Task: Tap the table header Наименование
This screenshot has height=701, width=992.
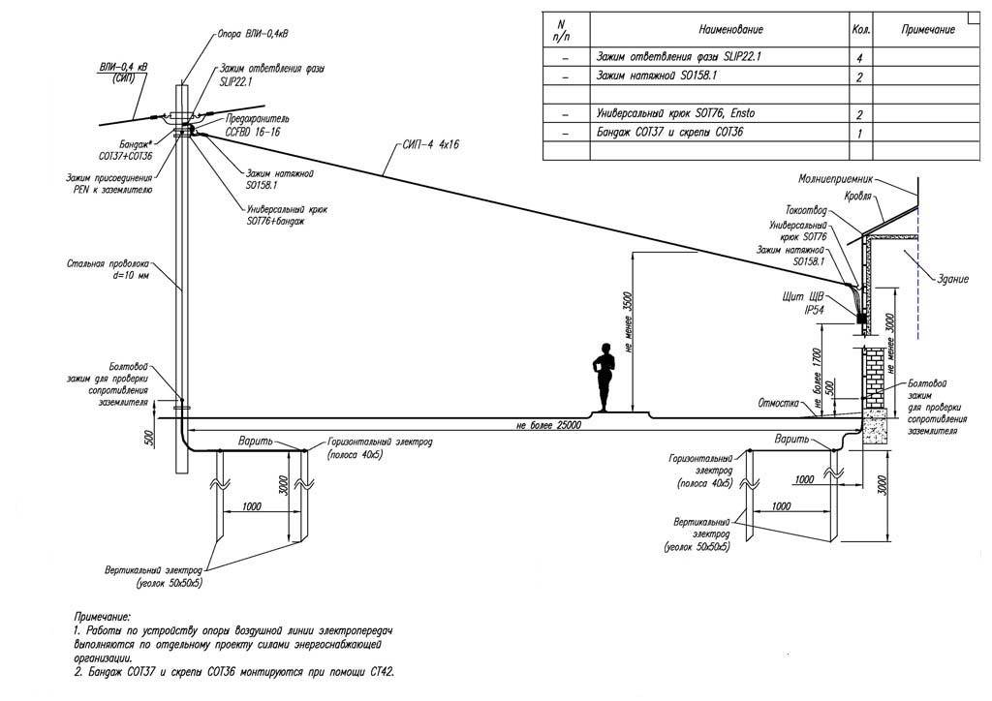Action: point(723,31)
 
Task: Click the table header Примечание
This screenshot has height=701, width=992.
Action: point(928,31)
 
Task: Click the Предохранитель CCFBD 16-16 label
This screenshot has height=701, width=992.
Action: point(253,124)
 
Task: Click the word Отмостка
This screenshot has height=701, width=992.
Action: point(778,403)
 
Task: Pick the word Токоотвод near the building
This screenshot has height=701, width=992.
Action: point(805,210)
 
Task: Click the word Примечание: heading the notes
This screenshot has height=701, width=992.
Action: point(102,616)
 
